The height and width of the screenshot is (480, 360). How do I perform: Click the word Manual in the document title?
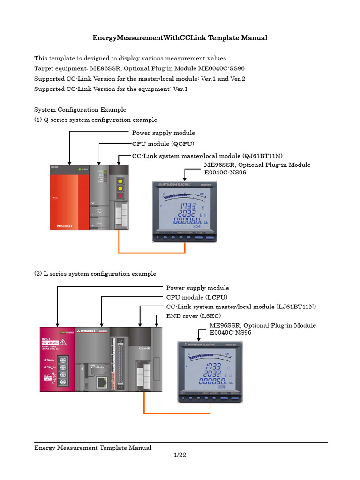tap(253, 38)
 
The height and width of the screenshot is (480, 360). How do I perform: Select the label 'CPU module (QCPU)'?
tap(163, 143)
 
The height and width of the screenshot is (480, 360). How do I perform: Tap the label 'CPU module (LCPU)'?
tap(197, 297)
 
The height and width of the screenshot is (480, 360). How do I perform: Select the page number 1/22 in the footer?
tap(180, 455)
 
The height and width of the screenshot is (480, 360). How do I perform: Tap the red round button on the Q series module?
tap(120, 196)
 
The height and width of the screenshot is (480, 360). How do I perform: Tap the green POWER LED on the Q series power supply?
tap(80, 168)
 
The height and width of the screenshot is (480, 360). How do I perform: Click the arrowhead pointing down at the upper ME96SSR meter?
tap(186, 179)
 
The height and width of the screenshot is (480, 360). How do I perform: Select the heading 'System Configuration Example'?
tap(80, 109)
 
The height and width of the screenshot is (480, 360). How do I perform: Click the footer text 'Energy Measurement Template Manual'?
tap(93, 448)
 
